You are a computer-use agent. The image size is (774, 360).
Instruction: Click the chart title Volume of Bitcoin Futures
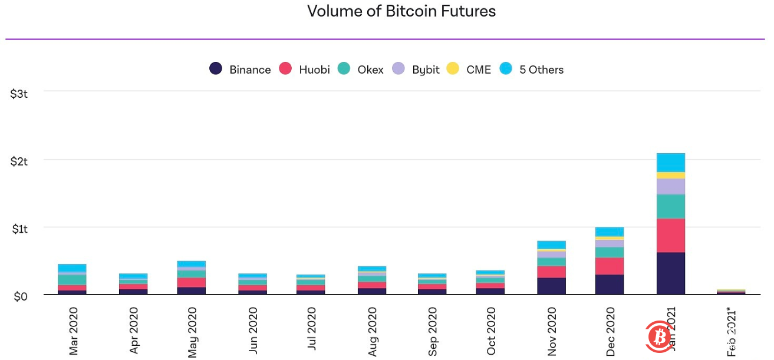coord(401,11)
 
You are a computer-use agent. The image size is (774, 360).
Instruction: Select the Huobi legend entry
coord(304,70)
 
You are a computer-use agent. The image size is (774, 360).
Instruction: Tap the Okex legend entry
coord(361,70)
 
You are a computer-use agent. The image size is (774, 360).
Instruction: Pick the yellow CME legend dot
coord(453,69)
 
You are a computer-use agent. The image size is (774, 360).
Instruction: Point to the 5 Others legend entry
coord(532,70)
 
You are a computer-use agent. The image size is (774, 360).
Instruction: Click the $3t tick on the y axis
coord(19,93)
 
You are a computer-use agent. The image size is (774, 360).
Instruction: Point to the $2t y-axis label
coord(19,160)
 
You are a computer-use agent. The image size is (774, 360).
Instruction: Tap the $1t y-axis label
coord(19,228)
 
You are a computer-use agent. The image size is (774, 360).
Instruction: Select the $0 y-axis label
coord(21,295)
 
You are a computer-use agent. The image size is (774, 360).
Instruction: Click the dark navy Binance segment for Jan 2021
coord(670,273)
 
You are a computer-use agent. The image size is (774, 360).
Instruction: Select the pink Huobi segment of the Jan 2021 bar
coord(670,235)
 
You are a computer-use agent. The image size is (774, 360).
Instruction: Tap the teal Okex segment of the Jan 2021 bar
coord(670,206)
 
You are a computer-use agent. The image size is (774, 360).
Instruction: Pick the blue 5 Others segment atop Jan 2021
coord(670,162)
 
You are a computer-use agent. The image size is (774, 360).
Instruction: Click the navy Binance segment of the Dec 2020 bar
coord(610,285)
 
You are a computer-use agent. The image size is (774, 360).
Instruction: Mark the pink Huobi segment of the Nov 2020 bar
coord(551,272)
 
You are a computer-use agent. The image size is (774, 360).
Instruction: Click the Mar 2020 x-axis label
coord(74,331)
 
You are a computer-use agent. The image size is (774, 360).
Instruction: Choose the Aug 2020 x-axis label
coord(373,331)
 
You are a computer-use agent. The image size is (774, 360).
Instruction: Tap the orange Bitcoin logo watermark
coord(655,336)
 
